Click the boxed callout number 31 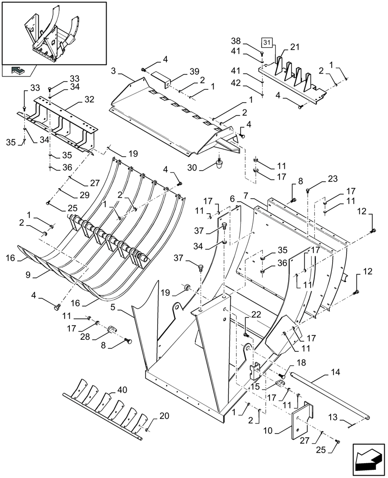267,42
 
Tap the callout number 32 89,100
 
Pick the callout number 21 294,47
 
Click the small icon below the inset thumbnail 17,71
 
